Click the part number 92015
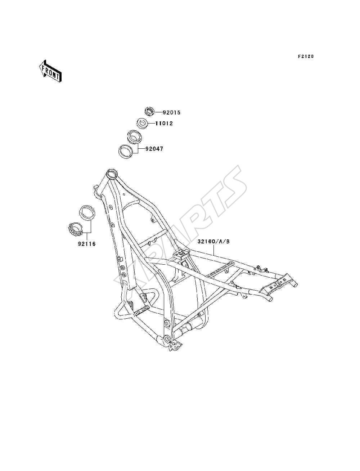[x=171, y=112]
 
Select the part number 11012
[x=164, y=124]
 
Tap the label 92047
[x=154, y=149]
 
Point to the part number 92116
[x=87, y=244]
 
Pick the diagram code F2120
[x=306, y=57]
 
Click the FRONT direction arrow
[x=50, y=71]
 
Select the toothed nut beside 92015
[x=149, y=112]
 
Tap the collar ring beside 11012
[x=142, y=124]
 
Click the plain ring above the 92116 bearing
[x=87, y=213]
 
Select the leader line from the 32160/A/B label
[x=214, y=250]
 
